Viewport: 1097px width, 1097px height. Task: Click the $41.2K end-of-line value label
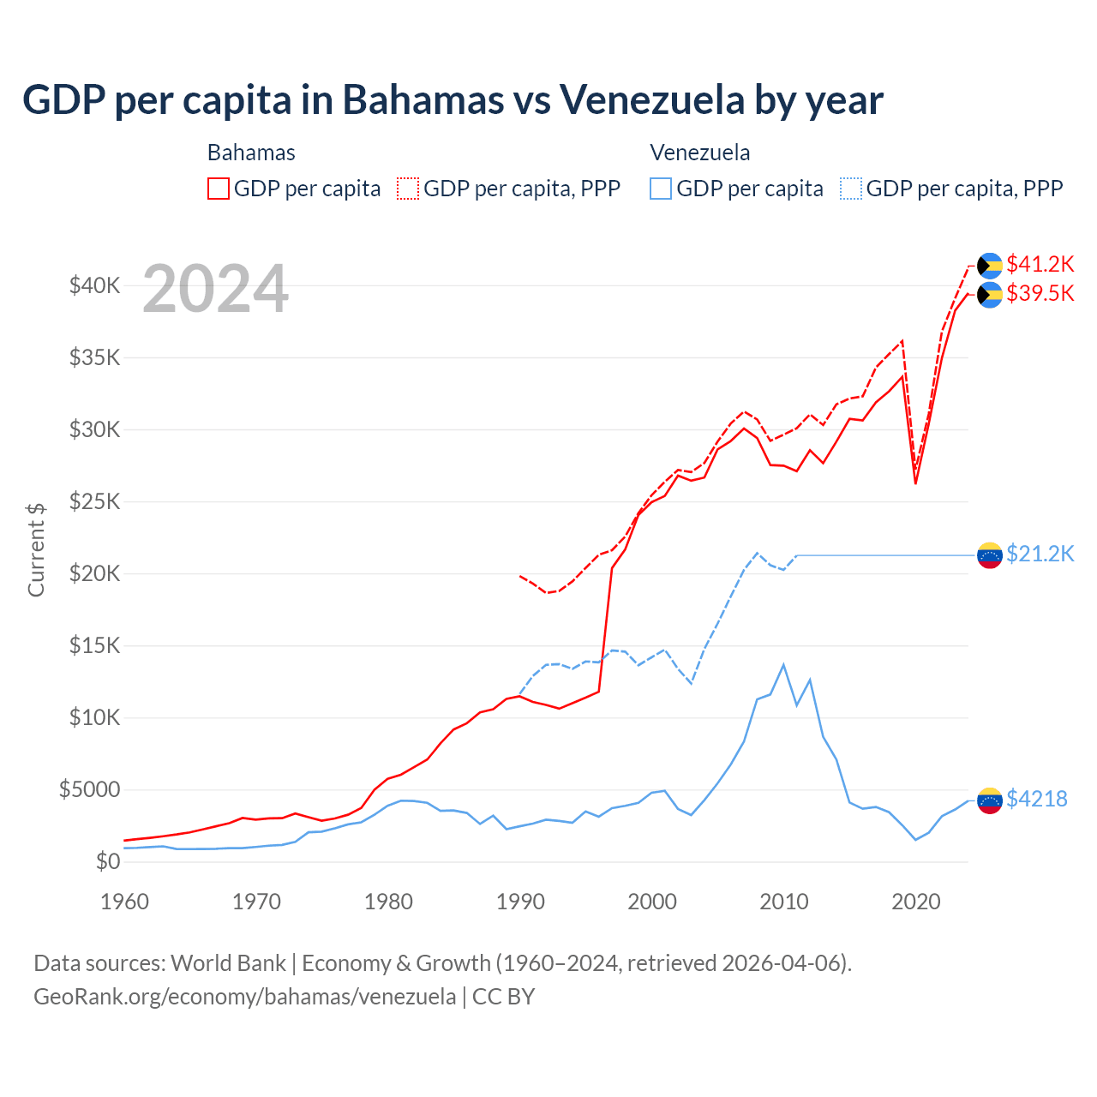click(x=1040, y=264)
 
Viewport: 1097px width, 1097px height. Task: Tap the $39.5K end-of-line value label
click(x=1040, y=293)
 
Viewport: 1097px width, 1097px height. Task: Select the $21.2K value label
click(x=1040, y=554)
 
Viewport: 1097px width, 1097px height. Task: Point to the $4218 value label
click(x=1036, y=799)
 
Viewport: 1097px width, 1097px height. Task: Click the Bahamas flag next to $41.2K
click(x=990, y=266)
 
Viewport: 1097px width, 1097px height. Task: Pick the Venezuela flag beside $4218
click(x=990, y=800)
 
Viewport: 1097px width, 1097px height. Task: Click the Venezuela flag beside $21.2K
click(x=990, y=555)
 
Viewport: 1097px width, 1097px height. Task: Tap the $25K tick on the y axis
click(x=95, y=501)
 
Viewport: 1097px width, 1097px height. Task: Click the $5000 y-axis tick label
click(x=89, y=789)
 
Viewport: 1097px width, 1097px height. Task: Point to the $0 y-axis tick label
click(x=107, y=861)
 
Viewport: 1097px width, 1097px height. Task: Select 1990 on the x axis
click(x=520, y=902)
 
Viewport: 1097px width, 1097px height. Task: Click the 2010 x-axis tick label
click(x=784, y=902)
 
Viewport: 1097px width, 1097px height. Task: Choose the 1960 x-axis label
click(x=125, y=902)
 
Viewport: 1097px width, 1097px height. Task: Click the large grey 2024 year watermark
click(x=215, y=289)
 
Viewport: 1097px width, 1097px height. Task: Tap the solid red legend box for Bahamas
click(x=219, y=189)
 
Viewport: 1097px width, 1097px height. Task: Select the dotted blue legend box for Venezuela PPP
click(x=851, y=189)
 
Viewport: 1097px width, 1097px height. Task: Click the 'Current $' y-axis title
click(x=36, y=549)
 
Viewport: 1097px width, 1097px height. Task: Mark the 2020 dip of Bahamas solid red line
click(x=915, y=483)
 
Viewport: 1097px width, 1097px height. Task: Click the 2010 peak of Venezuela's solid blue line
click(x=783, y=664)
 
